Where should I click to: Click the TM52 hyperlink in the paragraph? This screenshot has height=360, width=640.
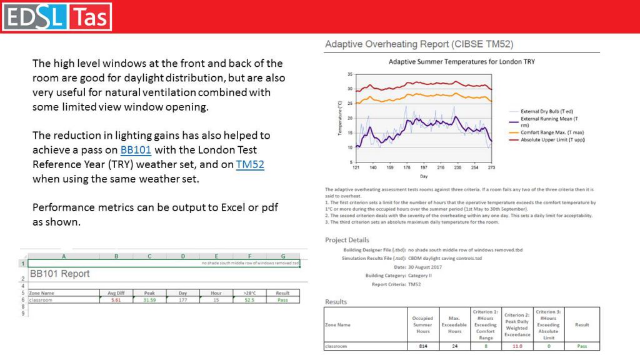click(251, 164)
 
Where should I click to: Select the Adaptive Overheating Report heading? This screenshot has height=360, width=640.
click(419, 44)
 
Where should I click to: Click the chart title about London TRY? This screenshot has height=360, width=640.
click(461, 62)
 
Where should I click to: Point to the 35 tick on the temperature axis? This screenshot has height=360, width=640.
click(350, 74)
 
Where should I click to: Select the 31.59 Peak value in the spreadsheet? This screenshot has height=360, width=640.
click(149, 300)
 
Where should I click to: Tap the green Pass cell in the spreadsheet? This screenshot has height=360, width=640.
click(282, 300)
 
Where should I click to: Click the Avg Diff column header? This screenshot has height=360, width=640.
click(115, 292)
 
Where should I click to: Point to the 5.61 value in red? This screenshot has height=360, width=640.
click(115, 300)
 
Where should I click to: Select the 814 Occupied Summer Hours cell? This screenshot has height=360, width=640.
click(422, 346)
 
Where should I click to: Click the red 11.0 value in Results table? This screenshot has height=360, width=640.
click(517, 346)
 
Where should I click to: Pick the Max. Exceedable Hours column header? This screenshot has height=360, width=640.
click(454, 324)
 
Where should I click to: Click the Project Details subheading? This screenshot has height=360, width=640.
click(347, 240)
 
